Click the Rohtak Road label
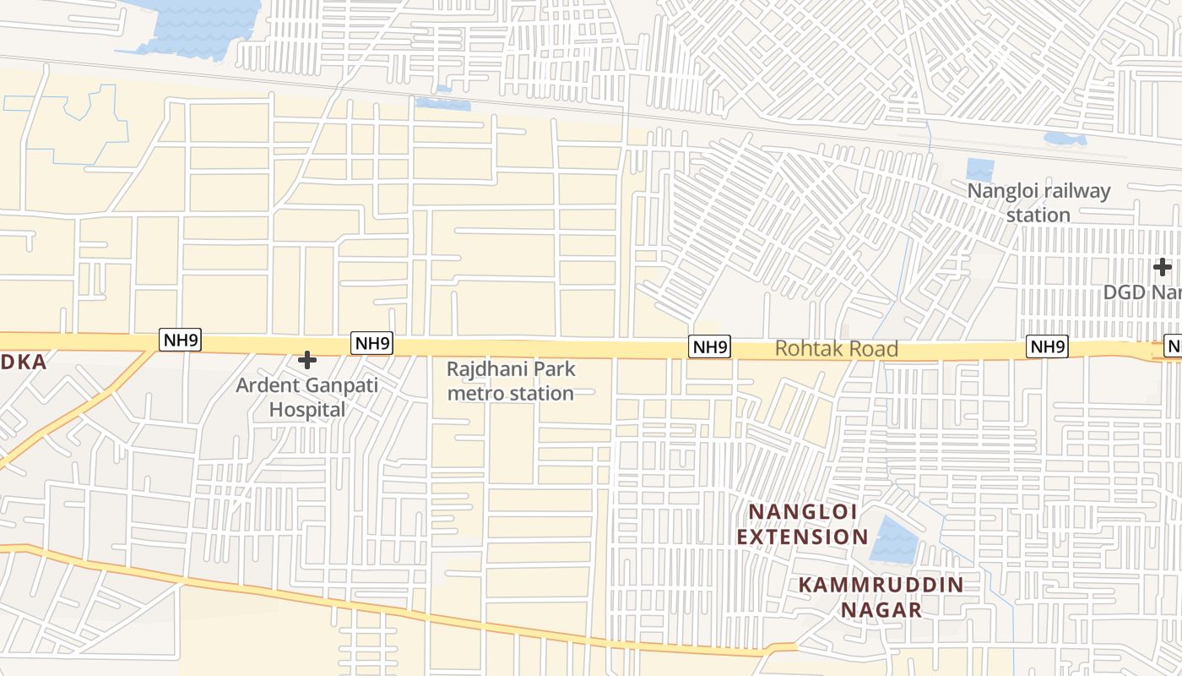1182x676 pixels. [836, 348]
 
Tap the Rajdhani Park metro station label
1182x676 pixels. [511, 381]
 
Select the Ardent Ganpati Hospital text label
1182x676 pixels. [307, 397]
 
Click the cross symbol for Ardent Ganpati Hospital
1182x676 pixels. [307, 361]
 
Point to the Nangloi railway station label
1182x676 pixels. [1038, 203]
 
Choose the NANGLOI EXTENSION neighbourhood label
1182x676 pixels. [802, 524]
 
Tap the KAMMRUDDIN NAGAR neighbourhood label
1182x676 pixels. [881, 597]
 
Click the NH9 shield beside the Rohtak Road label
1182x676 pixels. [709, 346]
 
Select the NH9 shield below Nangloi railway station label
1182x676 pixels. [1048, 346]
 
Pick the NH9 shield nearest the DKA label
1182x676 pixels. [181, 341]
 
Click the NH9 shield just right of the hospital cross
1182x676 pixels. [372, 343]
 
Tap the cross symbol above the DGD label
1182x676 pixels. [1163, 267]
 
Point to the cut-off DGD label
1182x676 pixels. [1142, 292]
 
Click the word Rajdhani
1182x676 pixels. [486, 369]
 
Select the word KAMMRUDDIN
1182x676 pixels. [881, 585]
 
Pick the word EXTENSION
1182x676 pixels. [802, 537]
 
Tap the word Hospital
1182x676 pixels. [307, 410]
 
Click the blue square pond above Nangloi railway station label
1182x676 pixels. [979, 170]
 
